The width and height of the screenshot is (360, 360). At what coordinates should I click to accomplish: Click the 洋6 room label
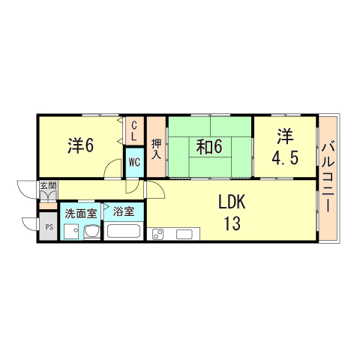[79, 145]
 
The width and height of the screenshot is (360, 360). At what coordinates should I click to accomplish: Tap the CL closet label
[133, 131]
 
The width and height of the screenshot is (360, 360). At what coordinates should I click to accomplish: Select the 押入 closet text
[156, 148]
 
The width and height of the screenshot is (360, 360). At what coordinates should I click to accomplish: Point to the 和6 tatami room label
[209, 147]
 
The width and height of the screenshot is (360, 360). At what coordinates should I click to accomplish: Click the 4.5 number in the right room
[286, 158]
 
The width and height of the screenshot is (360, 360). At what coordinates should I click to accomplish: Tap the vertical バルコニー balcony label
[328, 178]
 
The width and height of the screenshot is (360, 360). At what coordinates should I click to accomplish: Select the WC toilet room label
[133, 161]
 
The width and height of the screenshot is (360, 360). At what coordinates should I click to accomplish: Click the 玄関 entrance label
[47, 185]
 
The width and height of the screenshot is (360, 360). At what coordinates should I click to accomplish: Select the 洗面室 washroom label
[79, 213]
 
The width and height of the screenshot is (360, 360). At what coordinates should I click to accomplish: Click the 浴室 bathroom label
[124, 212]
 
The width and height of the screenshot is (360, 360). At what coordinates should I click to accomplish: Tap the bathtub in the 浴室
[124, 229]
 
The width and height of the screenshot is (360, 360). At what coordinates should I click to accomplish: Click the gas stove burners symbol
[159, 234]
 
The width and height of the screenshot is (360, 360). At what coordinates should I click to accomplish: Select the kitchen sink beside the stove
[183, 234]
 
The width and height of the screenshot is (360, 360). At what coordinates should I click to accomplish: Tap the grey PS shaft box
[46, 227]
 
